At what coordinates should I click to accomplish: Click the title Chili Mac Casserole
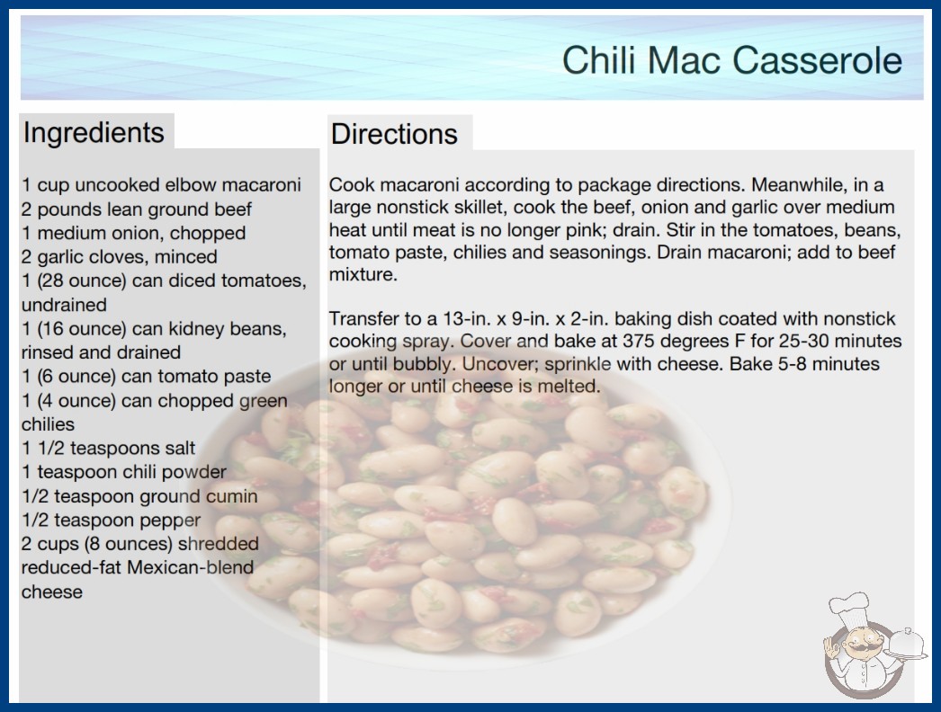(x=732, y=60)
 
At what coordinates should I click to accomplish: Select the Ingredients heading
(x=94, y=133)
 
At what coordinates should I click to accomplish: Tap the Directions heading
(x=394, y=134)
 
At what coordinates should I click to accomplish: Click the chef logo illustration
(x=871, y=645)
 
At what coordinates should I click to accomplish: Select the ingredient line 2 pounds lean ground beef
(x=137, y=209)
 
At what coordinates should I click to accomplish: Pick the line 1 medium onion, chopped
(x=134, y=233)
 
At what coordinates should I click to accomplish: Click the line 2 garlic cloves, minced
(x=120, y=257)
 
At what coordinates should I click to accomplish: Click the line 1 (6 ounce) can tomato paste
(x=147, y=376)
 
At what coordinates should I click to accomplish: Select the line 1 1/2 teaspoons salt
(x=109, y=448)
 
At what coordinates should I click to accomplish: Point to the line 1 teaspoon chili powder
(x=124, y=472)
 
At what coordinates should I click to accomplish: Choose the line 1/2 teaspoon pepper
(x=111, y=520)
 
